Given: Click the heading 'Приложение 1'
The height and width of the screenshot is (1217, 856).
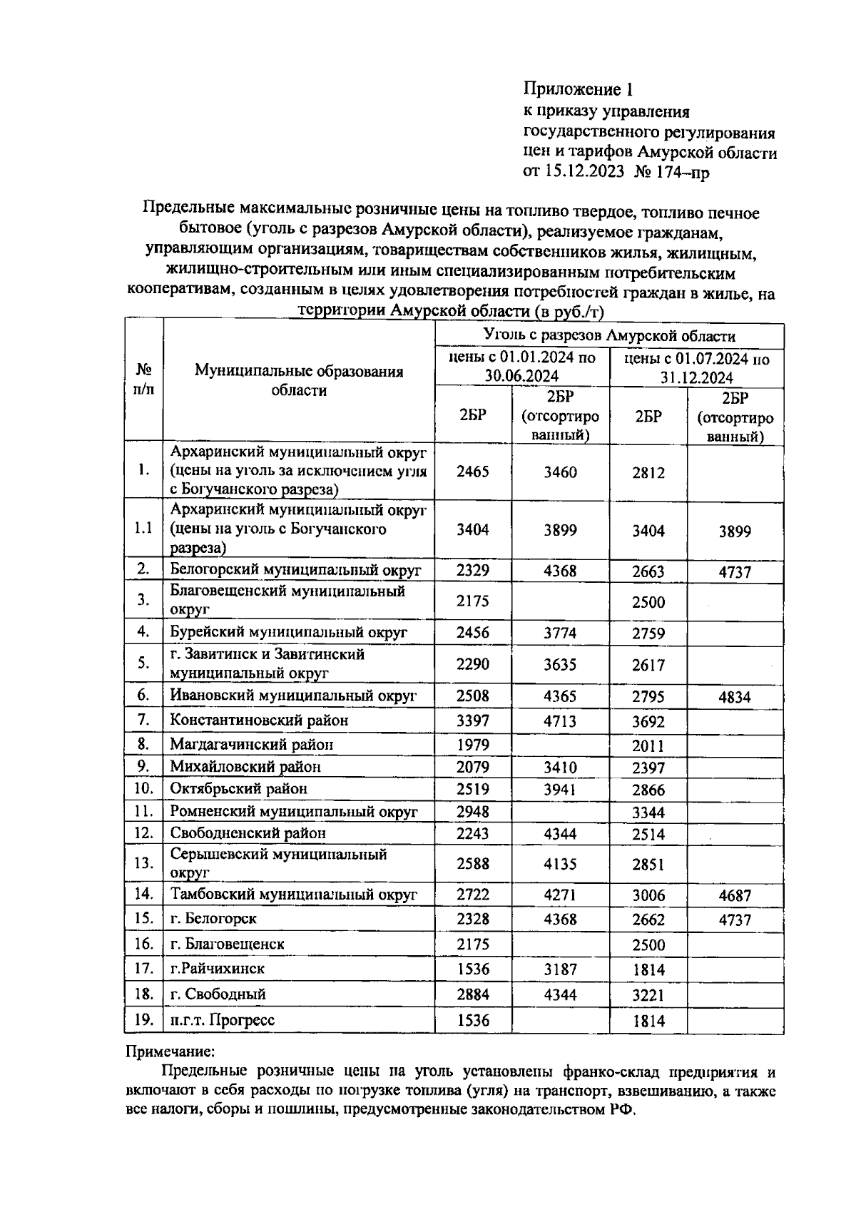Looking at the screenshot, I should pyautogui.click(x=579, y=90).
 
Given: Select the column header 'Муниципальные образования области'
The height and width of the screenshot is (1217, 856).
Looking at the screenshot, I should pyautogui.click(x=299, y=381).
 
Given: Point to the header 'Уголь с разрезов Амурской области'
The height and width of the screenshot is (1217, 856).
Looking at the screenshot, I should pyautogui.click(x=609, y=336).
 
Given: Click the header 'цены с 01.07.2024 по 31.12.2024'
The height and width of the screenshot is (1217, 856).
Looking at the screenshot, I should pyautogui.click(x=696, y=367).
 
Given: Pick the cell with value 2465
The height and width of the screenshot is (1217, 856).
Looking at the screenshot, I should pyautogui.click(x=473, y=472).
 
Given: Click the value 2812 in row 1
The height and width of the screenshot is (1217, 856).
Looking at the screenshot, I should pyautogui.click(x=648, y=472).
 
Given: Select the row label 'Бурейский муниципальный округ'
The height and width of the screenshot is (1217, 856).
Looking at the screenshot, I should pyautogui.click(x=288, y=632).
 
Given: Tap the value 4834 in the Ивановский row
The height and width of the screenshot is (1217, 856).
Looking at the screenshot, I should pyautogui.click(x=735, y=697).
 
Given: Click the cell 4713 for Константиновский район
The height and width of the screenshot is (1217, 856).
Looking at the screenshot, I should pyautogui.click(x=560, y=721).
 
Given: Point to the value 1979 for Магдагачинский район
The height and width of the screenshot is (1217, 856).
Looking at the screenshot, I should pyautogui.click(x=473, y=745).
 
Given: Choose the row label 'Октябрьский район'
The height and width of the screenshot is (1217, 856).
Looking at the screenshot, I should pyautogui.click(x=238, y=789).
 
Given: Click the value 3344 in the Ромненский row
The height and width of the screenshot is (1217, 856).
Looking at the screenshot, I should pyautogui.click(x=648, y=813).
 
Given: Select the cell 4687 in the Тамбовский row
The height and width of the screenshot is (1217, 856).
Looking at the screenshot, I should pyautogui.click(x=735, y=895).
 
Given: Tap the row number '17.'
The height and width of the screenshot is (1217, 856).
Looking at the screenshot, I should pyautogui.click(x=144, y=969).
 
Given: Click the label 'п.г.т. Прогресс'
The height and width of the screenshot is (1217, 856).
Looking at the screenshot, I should pyautogui.click(x=222, y=1020).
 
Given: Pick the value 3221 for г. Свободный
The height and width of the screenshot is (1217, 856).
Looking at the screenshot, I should pyautogui.click(x=648, y=994).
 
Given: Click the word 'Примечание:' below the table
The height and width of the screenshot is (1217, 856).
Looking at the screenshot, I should pyautogui.click(x=170, y=1051).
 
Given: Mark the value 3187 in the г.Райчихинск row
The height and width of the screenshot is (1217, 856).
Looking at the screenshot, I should pyautogui.click(x=560, y=969).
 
